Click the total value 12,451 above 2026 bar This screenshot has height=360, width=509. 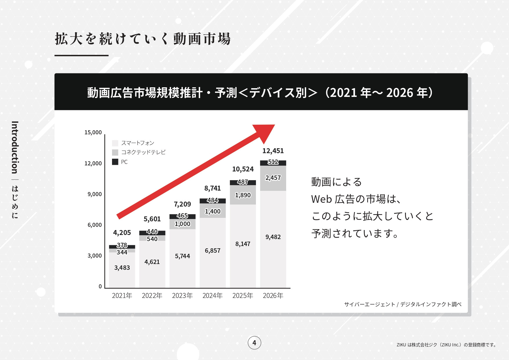pyautogui.click(x=273, y=151)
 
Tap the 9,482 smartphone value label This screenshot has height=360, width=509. pyautogui.click(x=273, y=237)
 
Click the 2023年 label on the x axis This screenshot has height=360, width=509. pyautogui.click(x=182, y=296)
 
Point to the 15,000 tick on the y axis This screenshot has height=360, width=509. pyautogui.click(x=93, y=133)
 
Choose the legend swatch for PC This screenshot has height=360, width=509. pyautogui.click(x=115, y=162)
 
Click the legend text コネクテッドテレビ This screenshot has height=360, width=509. pyautogui.click(x=143, y=152)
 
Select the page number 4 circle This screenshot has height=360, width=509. pyautogui.click(x=254, y=343)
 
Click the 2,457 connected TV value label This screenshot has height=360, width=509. pyautogui.click(x=273, y=178)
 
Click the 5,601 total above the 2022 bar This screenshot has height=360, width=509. pyautogui.click(x=152, y=219)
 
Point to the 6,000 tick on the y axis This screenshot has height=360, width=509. pyautogui.click(x=95, y=225)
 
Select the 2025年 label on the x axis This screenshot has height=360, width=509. pyautogui.click(x=243, y=296)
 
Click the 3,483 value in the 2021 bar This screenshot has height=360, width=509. pyautogui.click(x=122, y=268)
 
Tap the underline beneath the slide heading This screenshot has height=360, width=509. pyautogui.click(x=81, y=55)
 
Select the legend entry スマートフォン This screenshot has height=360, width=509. pyautogui.click(x=137, y=143)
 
